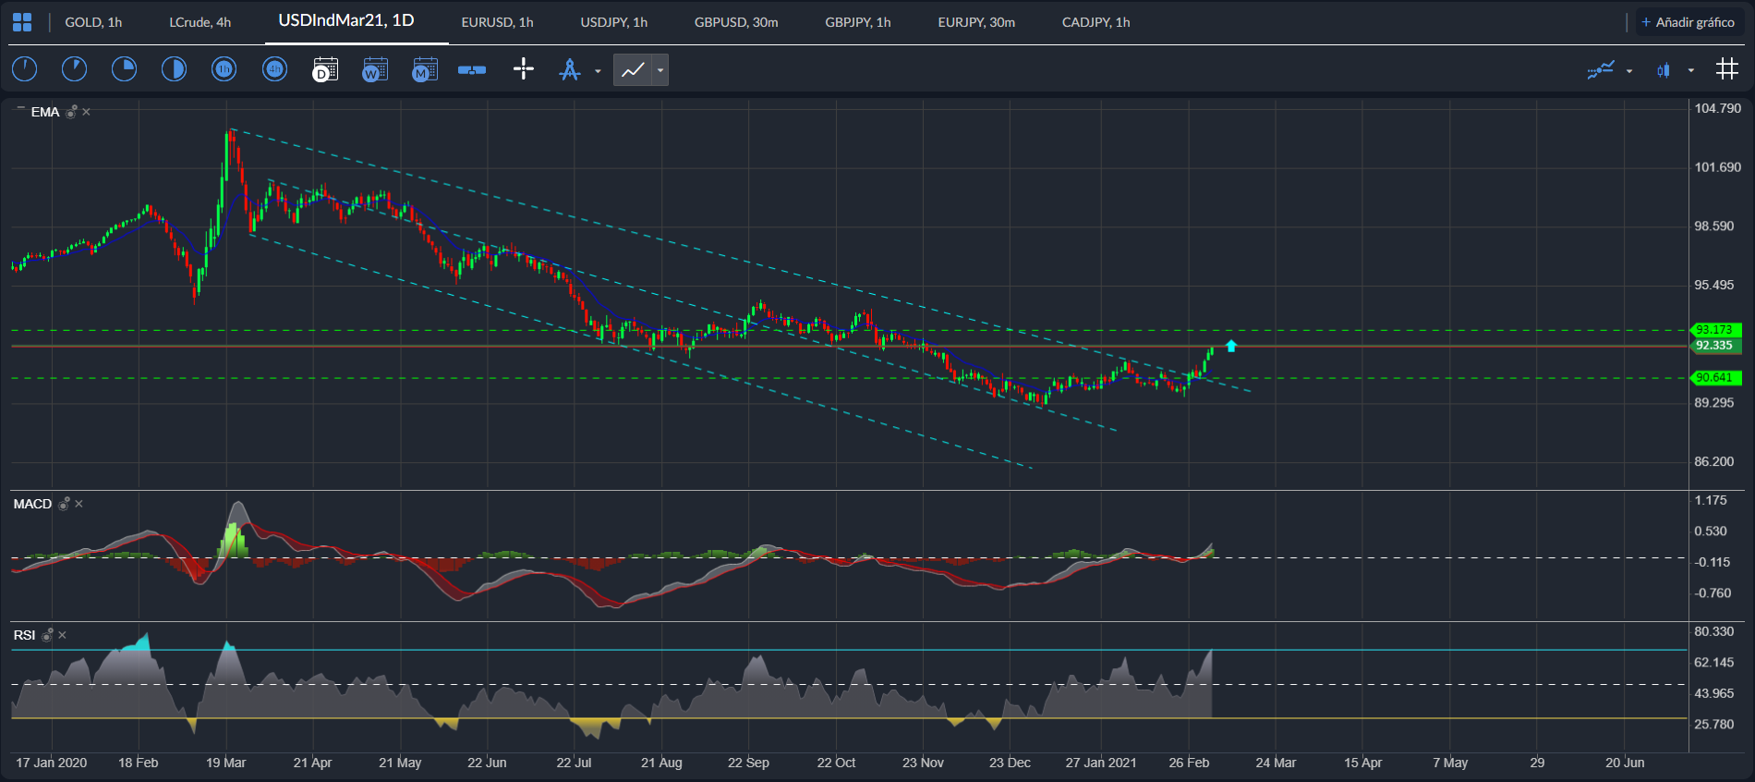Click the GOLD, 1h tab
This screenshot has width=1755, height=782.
coord(93,22)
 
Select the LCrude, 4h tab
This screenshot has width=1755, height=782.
coord(200,22)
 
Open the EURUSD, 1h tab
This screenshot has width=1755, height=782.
coord(497,22)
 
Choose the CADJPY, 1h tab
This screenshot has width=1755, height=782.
coord(1095,22)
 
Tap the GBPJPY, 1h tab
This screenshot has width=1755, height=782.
coord(857,22)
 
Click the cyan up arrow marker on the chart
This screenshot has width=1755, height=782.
coord(1231,346)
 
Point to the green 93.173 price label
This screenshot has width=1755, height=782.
coord(1714,330)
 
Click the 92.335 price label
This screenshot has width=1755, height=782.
coord(1714,346)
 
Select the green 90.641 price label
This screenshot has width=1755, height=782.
coord(1714,377)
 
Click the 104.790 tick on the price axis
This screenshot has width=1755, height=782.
coord(1717,108)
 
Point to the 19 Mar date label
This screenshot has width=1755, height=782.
coord(225,763)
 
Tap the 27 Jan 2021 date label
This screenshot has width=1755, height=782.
coord(1100,763)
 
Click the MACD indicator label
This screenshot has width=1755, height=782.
coord(32,504)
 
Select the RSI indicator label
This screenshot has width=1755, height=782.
coord(24,635)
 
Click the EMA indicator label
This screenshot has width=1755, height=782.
coord(44,112)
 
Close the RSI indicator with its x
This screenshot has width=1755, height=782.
coord(62,635)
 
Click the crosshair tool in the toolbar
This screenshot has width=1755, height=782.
coord(523,69)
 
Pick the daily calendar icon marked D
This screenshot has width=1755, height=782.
coord(325,69)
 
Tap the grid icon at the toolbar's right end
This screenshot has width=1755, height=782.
coord(1726,69)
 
